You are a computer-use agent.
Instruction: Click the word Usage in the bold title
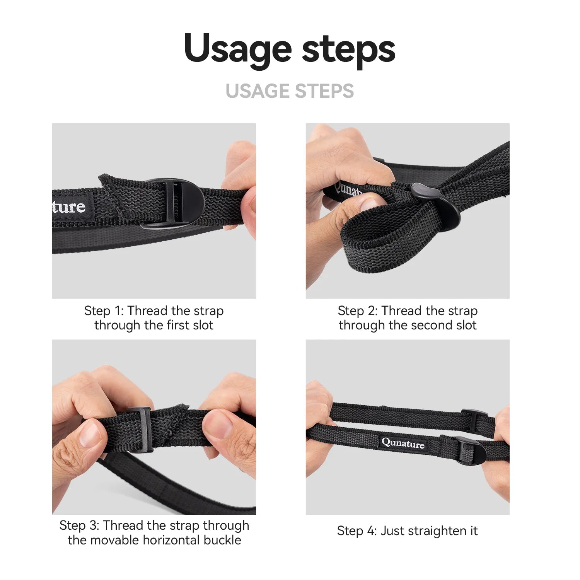click(x=237, y=49)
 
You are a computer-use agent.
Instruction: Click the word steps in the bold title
click(x=348, y=49)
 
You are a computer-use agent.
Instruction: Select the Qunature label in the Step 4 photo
click(x=403, y=443)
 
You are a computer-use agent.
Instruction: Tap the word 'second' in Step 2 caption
click(x=430, y=325)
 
